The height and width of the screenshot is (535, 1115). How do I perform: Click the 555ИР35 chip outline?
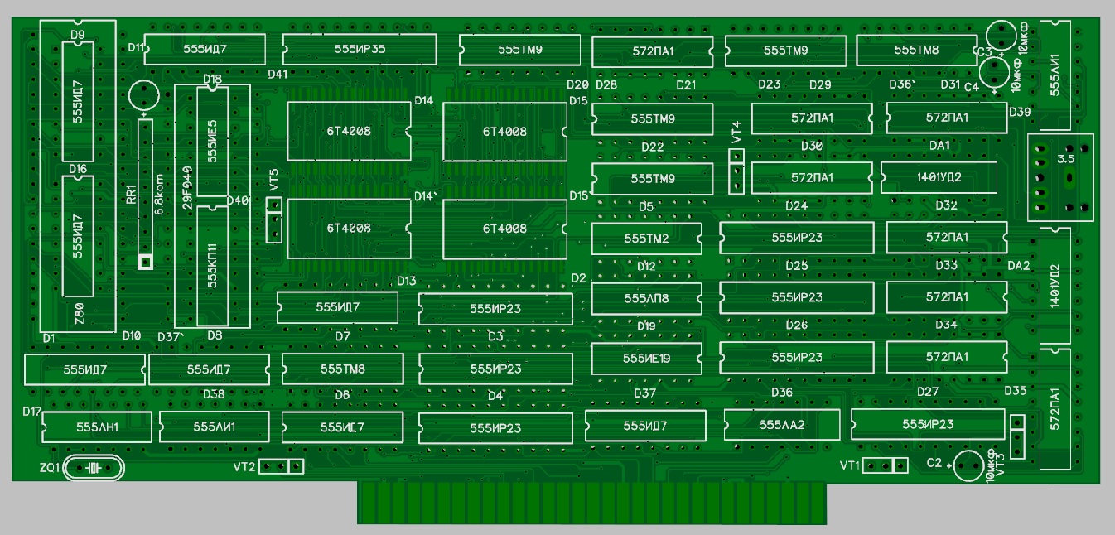360,49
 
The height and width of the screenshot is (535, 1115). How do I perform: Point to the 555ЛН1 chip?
98,427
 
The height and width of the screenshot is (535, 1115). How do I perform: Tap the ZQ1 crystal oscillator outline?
93,469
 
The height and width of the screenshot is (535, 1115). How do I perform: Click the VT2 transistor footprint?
282,466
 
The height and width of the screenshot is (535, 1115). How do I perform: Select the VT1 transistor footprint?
885,465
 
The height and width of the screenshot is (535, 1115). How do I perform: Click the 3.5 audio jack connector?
1059,176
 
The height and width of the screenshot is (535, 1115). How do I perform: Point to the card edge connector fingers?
591,502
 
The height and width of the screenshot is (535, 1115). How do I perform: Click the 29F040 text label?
187,191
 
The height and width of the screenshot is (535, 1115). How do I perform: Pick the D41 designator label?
278,74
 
